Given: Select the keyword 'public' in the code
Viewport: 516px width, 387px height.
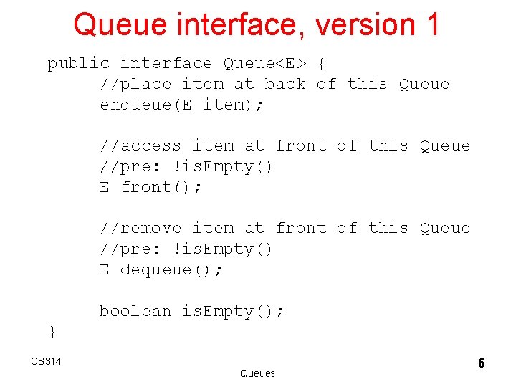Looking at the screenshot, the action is [79, 63].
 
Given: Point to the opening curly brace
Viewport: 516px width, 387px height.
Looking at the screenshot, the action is [321, 63].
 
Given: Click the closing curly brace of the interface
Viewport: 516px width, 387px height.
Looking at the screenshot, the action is [52, 330].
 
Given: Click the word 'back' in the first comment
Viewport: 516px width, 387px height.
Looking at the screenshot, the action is [285, 84].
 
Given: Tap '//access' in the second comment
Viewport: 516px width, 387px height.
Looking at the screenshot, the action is [140, 145].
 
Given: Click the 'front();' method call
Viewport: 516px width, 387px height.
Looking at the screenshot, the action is [162, 187].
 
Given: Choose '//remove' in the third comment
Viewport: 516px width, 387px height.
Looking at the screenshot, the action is [140, 228].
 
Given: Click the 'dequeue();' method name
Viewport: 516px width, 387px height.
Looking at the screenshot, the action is [172, 269].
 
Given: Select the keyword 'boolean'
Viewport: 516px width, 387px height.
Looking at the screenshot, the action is [135, 311].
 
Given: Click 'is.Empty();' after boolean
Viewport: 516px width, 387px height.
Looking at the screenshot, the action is [233, 311].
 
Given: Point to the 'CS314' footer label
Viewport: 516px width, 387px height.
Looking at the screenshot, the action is [46, 360].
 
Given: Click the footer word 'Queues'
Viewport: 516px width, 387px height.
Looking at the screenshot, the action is [257, 373].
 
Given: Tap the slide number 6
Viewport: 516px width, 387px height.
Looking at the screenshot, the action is [482, 363].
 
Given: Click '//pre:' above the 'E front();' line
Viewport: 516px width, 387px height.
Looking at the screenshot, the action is [130, 166].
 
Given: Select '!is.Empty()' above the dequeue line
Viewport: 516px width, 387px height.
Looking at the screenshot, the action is [223, 249].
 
